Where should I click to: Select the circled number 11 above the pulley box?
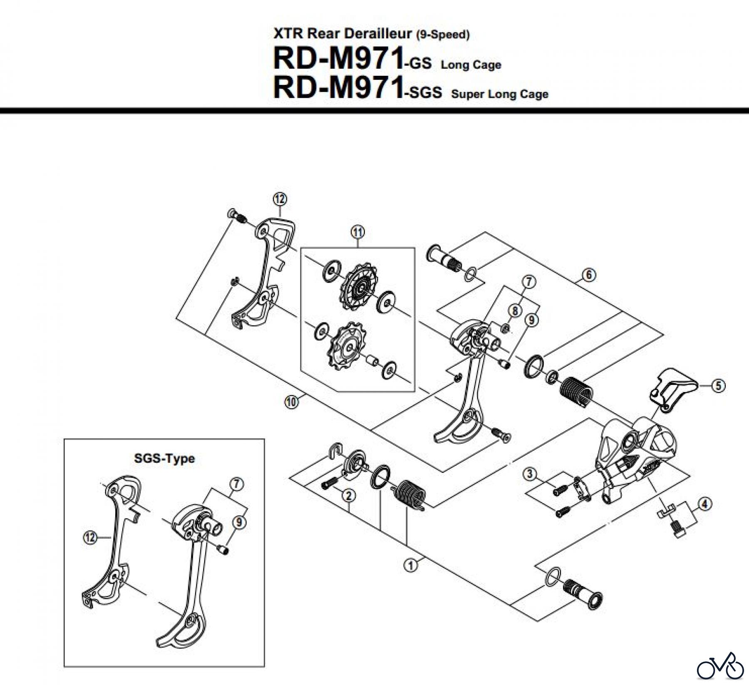[x=358, y=232]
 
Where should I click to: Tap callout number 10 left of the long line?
[x=291, y=402]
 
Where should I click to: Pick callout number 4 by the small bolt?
[x=704, y=504]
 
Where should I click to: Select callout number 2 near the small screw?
[x=348, y=495]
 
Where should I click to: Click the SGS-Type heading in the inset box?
[x=164, y=459]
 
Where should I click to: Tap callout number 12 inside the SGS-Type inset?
[x=90, y=538]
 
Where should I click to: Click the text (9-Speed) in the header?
[x=443, y=35]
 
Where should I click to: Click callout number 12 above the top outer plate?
[x=280, y=199]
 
